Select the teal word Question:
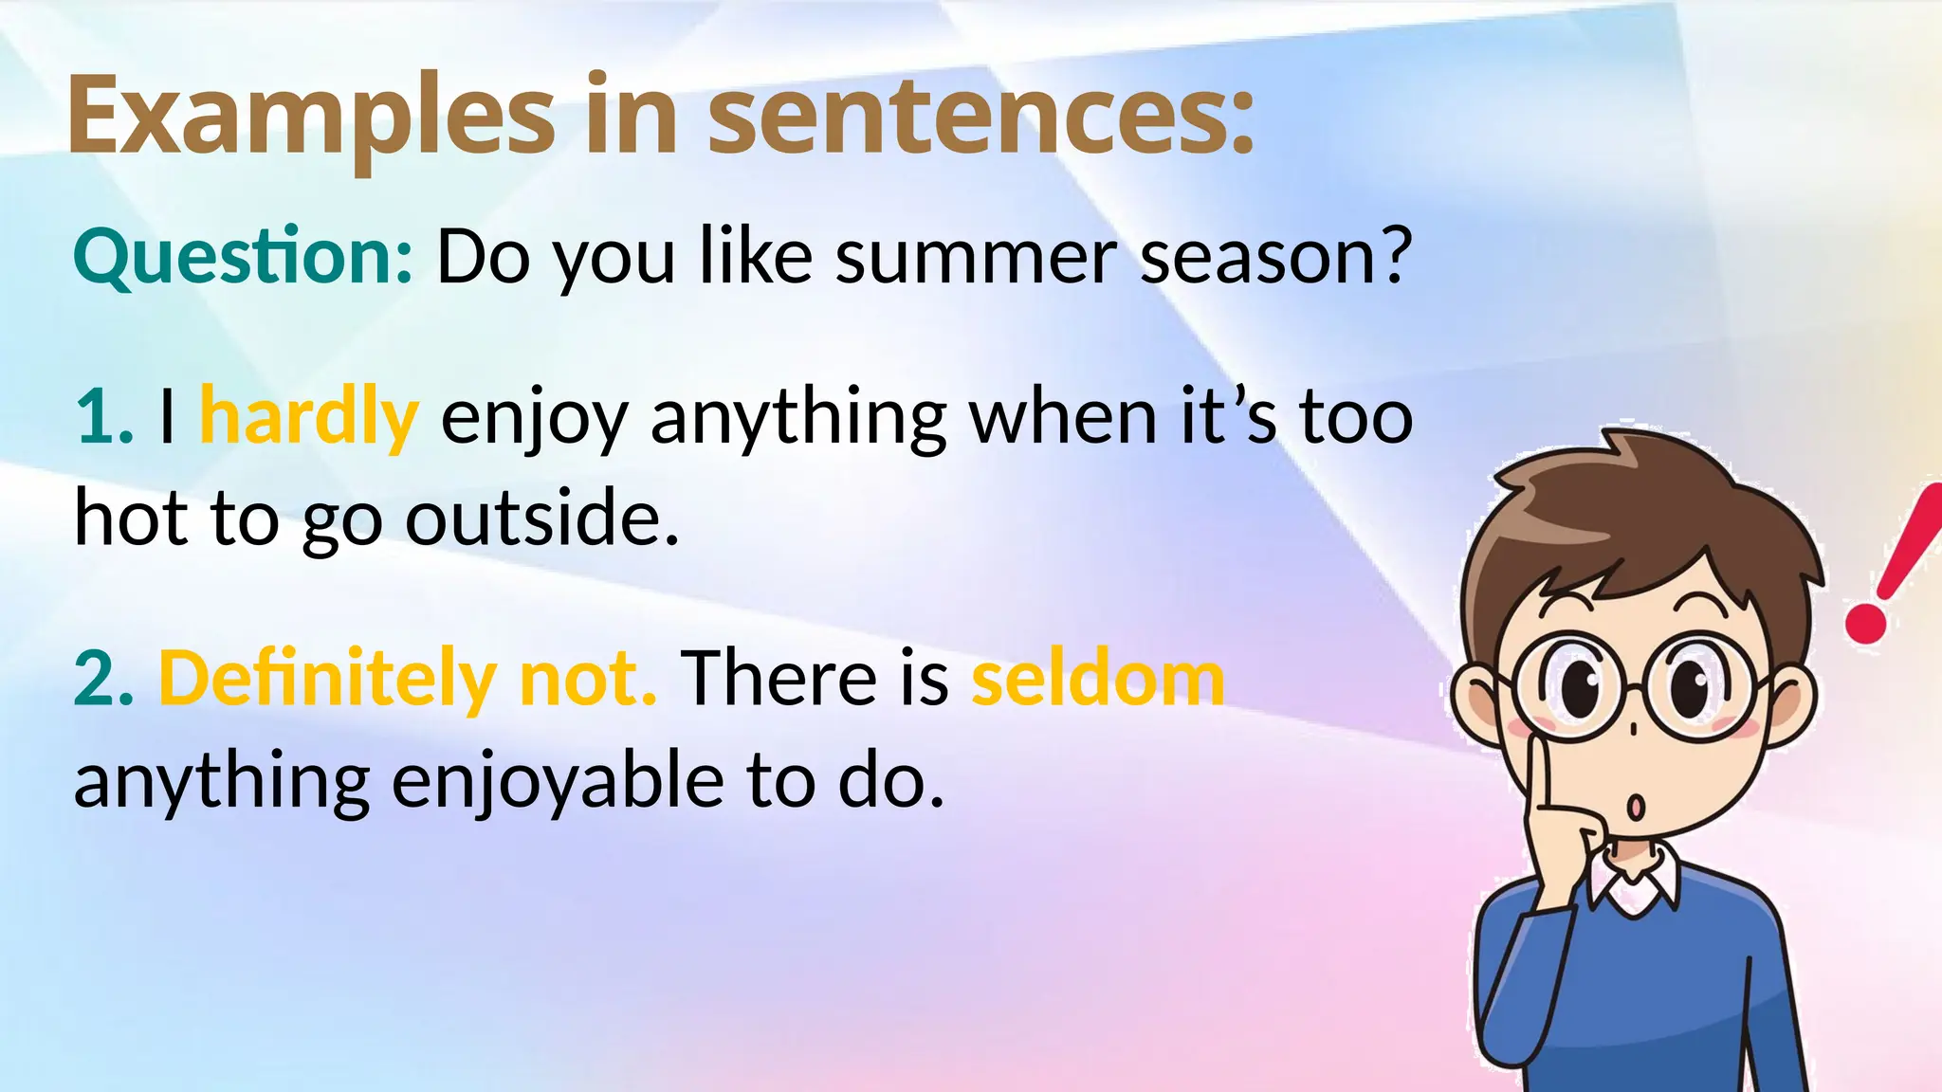(x=243, y=258)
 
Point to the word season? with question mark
(x=1275, y=258)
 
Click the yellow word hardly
(x=309, y=417)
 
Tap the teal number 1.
(x=103, y=417)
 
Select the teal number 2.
(x=103, y=680)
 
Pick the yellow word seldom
(x=1098, y=680)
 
